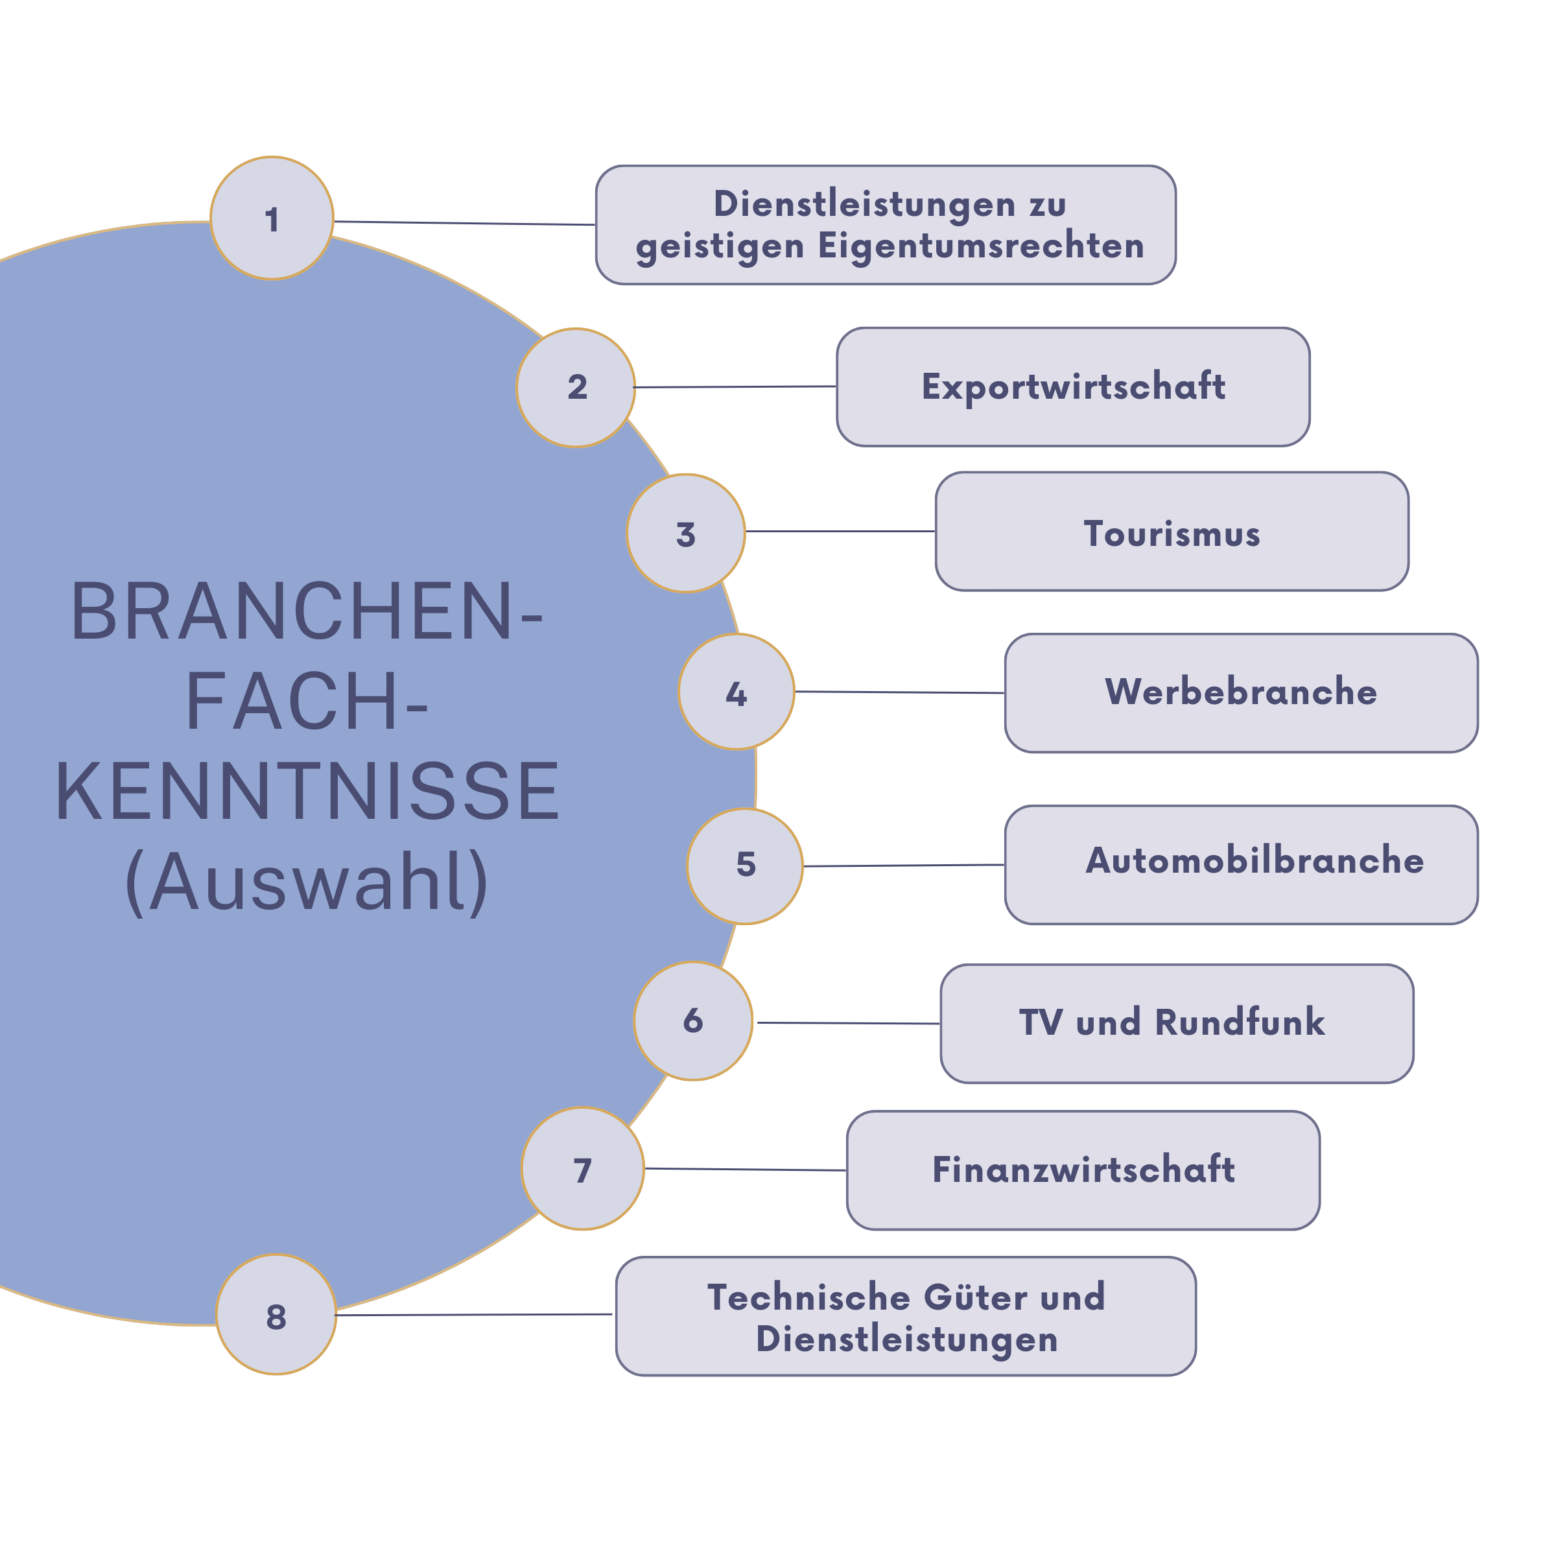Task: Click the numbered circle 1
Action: tap(272, 218)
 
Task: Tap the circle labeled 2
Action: tap(576, 388)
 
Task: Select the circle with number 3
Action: tap(685, 533)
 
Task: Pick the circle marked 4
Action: tap(736, 692)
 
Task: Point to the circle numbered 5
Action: tap(745, 866)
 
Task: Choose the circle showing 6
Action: tap(692, 1020)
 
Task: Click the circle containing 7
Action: tap(582, 1168)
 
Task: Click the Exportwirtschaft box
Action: tap(1073, 386)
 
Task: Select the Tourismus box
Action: tap(1172, 532)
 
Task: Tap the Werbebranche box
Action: tap(1241, 692)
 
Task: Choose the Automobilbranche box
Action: tap(1241, 864)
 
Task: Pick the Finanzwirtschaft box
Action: tap(1083, 1170)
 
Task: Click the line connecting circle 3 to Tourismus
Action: tap(840, 532)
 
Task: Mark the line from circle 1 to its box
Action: tap(465, 223)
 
